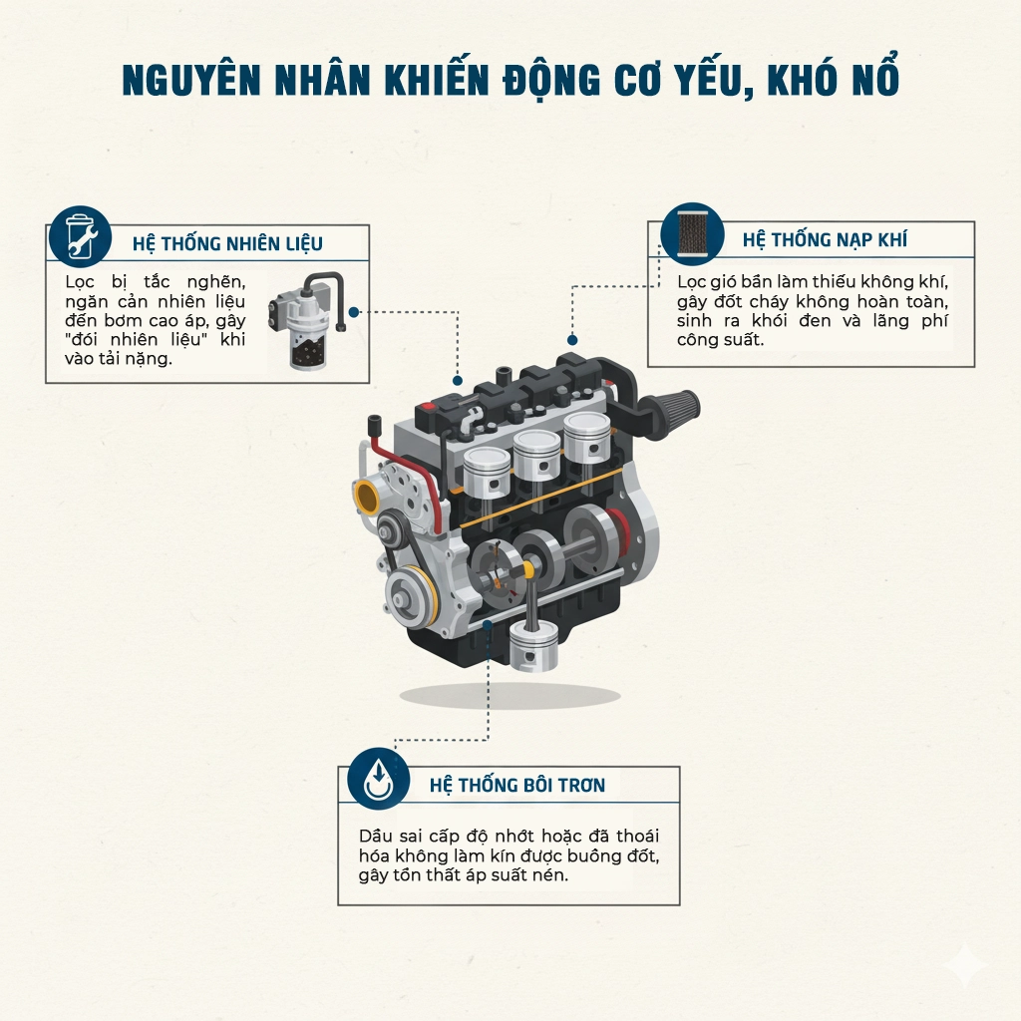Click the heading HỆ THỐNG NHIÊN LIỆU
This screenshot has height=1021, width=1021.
click(x=227, y=243)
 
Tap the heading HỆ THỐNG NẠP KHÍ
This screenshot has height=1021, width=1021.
click(x=825, y=239)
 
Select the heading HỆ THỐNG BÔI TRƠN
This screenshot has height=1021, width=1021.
click(x=517, y=785)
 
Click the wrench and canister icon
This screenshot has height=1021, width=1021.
click(x=80, y=237)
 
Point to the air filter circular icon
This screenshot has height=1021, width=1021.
click(x=692, y=234)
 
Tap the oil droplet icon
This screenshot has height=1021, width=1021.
click(x=378, y=779)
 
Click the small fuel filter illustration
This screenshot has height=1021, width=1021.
click(x=305, y=321)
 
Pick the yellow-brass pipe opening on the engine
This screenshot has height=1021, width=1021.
click(x=367, y=496)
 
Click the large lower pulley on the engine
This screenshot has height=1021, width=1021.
click(x=412, y=597)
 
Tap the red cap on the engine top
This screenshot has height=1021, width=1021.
click(x=428, y=407)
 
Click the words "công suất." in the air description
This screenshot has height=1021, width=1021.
click(x=720, y=340)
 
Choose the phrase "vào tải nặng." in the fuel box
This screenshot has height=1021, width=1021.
click(x=119, y=359)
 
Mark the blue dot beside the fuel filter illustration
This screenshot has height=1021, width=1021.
click(x=354, y=312)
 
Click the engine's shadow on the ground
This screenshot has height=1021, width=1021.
click(x=510, y=696)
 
